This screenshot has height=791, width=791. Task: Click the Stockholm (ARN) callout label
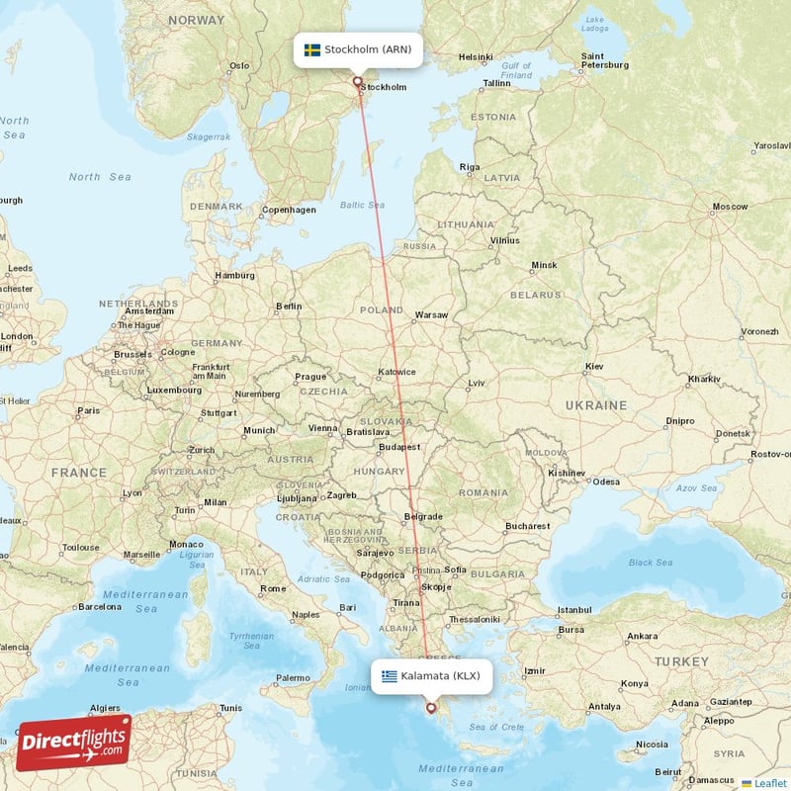[359, 49]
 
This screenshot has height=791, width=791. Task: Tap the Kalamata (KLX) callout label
[431, 676]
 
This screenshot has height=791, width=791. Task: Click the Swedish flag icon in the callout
[311, 49]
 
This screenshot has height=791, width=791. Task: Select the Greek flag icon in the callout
[390, 676]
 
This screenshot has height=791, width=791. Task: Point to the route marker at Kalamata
[430, 707]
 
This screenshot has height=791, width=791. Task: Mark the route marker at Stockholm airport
[358, 82]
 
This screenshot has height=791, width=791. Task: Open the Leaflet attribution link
[769, 783]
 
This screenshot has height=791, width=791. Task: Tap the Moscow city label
[730, 207]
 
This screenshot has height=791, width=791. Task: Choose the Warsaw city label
[431, 314]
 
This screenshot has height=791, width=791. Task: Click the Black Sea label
[650, 563]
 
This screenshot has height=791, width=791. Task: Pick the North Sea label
[99, 177]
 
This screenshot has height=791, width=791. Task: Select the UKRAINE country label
[595, 405]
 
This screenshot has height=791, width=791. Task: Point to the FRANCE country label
[79, 473]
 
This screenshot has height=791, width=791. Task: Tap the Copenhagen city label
[289, 210]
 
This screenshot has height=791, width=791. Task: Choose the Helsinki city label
[476, 57]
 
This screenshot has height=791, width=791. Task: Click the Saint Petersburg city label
[605, 60]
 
